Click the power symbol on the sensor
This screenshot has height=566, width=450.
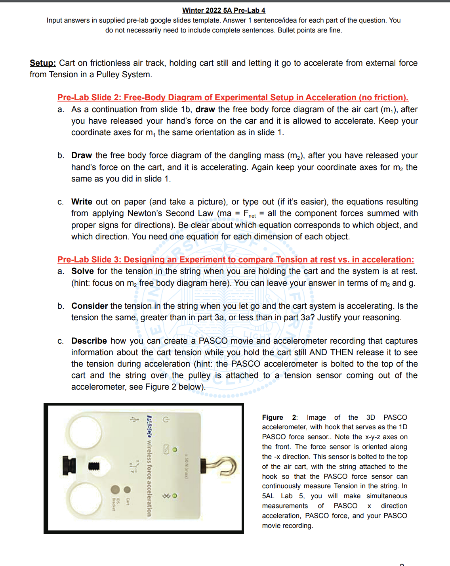(x=166, y=419)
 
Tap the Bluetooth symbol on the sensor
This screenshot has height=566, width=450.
(x=164, y=496)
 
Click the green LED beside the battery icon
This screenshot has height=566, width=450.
(x=175, y=449)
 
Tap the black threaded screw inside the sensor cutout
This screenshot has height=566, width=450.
(x=93, y=466)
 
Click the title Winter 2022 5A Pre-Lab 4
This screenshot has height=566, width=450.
(x=224, y=10)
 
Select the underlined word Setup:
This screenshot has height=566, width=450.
(x=42, y=63)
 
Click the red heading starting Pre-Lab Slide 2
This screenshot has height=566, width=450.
(x=233, y=98)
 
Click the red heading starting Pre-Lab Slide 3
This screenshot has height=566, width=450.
(x=235, y=260)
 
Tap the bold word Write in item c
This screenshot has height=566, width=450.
(x=82, y=202)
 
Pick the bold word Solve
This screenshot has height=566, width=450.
(x=82, y=271)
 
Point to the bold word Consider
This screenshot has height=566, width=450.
(x=90, y=306)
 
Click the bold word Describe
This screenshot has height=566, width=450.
(x=89, y=341)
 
